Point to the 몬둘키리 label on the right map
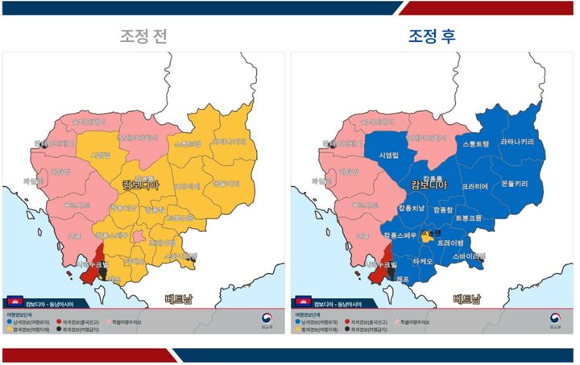[515, 184]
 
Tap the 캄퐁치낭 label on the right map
[413, 209]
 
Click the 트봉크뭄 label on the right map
[468, 218]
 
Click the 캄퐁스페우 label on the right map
[400, 236]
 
